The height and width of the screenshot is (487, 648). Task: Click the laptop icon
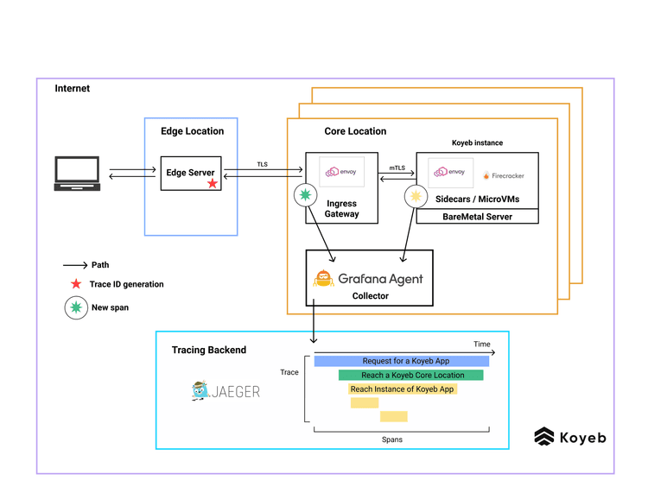(x=77, y=174)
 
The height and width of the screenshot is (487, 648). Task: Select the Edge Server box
(x=190, y=174)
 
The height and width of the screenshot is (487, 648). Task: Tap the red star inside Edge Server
(x=213, y=184)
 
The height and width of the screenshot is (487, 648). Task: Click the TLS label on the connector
(x=262, y=164)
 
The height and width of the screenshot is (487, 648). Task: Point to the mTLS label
(x=397, y=168)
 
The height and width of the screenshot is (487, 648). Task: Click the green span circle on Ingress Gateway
(x=304, y=197)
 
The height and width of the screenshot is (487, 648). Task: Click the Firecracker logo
(x=503, y=175)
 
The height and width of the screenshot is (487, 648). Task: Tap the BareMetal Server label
(x=476, y=217)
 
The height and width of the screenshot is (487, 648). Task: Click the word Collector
(x=370, y=295)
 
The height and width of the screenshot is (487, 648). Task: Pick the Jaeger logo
(x=225, y=390)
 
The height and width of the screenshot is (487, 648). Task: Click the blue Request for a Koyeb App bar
(x=401, y=361)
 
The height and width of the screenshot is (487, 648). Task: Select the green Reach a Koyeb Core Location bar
(x=411, y=375)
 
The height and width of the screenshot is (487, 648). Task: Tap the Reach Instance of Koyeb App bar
(x=402, y=389)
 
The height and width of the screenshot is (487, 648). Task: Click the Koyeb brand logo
(x=570, y=437)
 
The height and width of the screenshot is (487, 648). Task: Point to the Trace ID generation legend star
(x=76, y=284)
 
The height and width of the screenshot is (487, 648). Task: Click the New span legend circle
(x=76, y=307)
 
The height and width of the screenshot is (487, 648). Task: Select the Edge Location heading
(x=192, y=131)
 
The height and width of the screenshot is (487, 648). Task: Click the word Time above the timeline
(x=481, y=345)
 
